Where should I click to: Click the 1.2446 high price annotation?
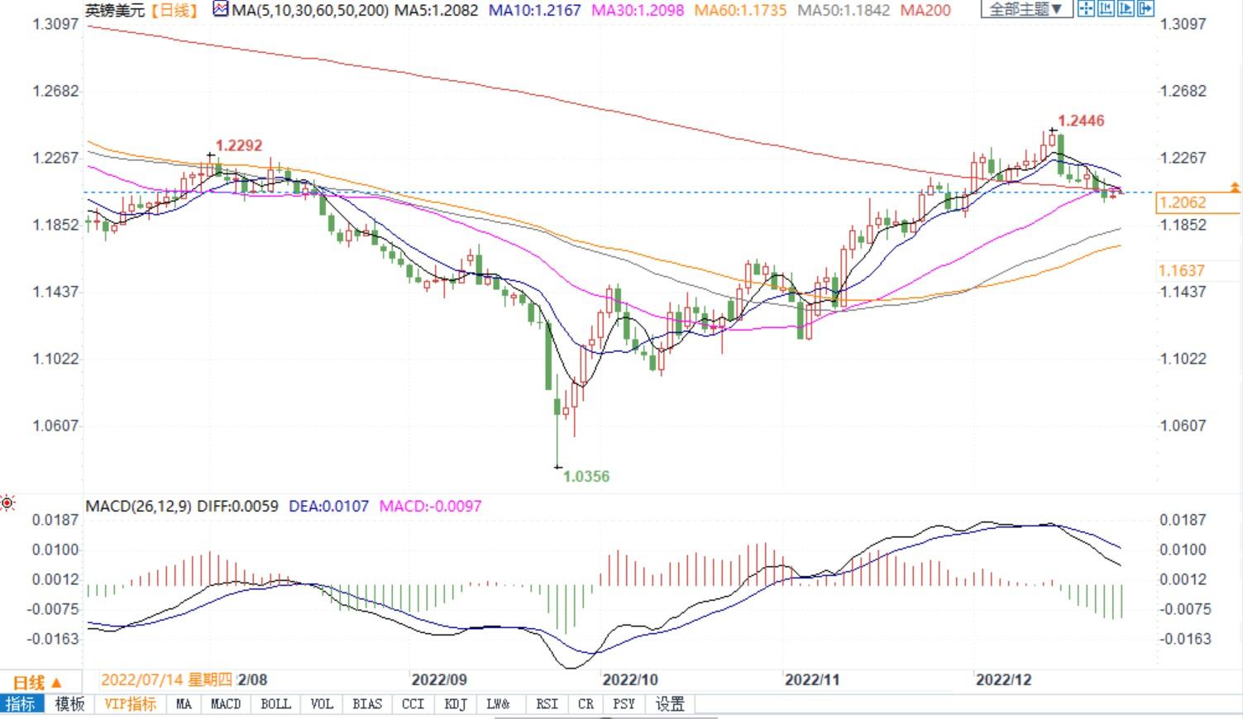click(1081, 121)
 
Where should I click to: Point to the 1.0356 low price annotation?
click(586, 476)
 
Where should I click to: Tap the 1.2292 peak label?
click(239, 145)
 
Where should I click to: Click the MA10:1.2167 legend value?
click(535, 11)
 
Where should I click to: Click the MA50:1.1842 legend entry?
click(844, 11)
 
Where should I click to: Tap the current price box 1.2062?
click(1183, 202)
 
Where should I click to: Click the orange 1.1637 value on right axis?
click(1183, 270)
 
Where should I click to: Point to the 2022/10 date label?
click(630, 679)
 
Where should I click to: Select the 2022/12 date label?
click(1003, 679)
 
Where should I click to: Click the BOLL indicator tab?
click(275, 704)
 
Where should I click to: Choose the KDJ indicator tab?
click(456, 704)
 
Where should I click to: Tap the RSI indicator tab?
click(547, 704)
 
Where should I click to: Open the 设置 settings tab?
click(670, 704)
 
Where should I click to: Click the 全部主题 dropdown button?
click(1025, 10)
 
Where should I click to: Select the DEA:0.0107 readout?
click(328, 506)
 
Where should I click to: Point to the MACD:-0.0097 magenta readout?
click(430, 506)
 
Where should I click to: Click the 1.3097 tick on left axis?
click(55, 24)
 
